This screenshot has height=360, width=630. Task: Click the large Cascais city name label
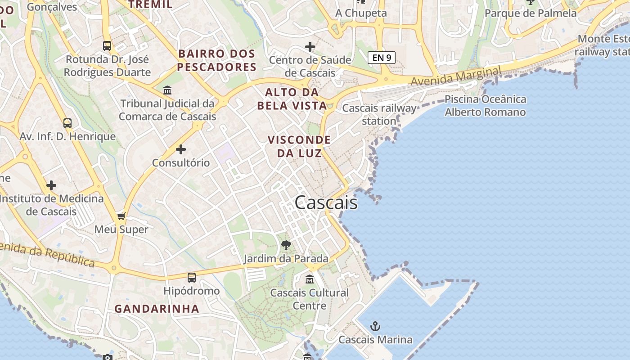[326, 203]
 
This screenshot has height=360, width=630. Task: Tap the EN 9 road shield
[382, 58]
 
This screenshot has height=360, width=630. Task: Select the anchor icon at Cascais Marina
[375, 326]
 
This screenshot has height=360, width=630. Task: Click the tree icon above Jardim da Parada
[286, 245]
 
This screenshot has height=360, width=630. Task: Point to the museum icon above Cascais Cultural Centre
[310, 279]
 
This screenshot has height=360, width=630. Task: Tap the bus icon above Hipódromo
[192, 278]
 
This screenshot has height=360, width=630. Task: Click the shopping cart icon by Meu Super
[121, 216]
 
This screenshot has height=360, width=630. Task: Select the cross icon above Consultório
[181, 149]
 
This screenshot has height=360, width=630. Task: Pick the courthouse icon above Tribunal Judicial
[167, 90]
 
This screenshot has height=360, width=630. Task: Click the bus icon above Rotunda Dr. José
[107, 45]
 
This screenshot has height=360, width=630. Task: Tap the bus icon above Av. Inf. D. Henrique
[67, 123]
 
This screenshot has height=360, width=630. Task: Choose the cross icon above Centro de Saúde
[310, 46]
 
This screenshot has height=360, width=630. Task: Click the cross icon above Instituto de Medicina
[51, 185]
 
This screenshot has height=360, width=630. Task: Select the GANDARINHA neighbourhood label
[157, 309]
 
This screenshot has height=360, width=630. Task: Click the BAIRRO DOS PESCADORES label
[217, 60]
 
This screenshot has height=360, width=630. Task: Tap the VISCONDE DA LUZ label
[299, 146]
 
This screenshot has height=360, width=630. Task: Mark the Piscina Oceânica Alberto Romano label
[485, 106]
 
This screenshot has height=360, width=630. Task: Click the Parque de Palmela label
[531, 13]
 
